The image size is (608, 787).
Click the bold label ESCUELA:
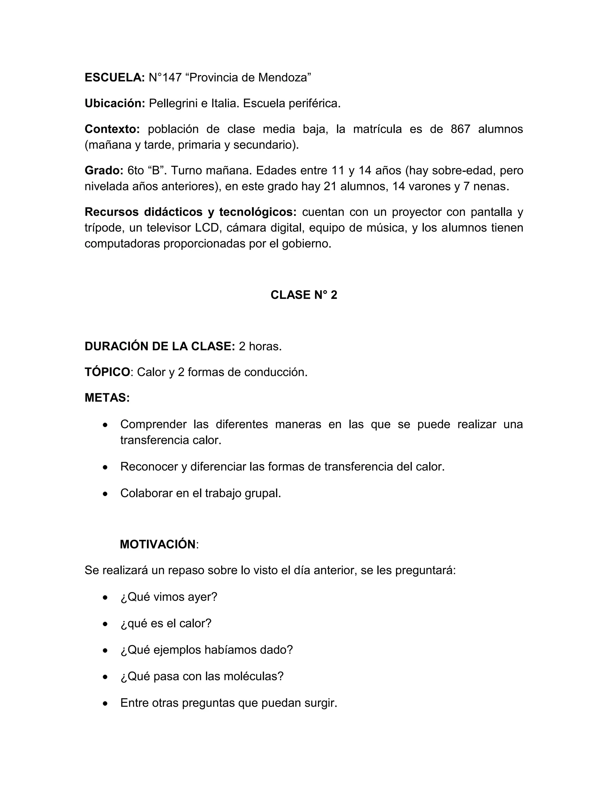pyautogui.click(x=115, y=78)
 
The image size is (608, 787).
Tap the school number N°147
pyautogui.click(x=165, y=78)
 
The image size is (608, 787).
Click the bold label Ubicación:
pyautogui.click(x=115, y=103)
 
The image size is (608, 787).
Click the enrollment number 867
pyautogui.click(x=460, y=129)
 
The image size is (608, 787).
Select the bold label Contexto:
pyautogui.click(x=112, y=129)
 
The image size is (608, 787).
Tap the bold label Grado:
pyautogui.click(x=104, y=170)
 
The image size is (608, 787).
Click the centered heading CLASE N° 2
pyautogui.click(x=304, y=295)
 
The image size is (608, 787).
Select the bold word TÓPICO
pyautogui.click(x=107, y=372)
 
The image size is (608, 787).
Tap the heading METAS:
pyautogui.click(x=107, y=398)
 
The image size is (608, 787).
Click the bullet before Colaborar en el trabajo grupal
pyautogui.click(x=105, y=494)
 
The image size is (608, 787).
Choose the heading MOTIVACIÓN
pyautogui.click(x=157, y=544)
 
